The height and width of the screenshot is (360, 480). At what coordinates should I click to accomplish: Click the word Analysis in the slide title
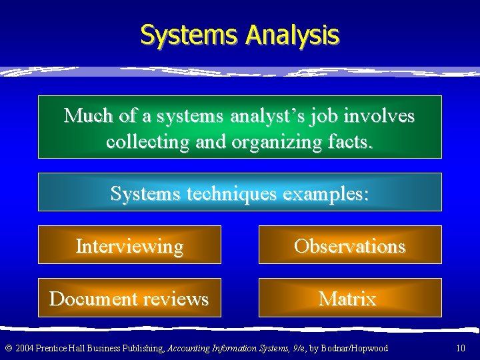point(292,35)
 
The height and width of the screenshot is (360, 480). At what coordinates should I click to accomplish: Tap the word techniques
point(231,193)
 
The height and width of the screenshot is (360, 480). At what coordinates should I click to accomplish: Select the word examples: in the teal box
point(326,193)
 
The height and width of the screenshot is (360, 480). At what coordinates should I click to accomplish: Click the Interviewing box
point(129,245)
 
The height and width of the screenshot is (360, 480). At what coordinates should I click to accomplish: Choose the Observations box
point(350,245)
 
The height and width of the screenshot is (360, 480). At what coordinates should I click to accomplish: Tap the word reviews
point(174,298)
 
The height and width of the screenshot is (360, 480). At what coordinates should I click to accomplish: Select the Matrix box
point(350,298)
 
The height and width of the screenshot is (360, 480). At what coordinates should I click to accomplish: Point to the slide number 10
point(461,348)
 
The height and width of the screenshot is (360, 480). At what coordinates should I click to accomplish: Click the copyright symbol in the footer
point(8,348)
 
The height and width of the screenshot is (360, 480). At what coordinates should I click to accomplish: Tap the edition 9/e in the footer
point(292,348)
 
